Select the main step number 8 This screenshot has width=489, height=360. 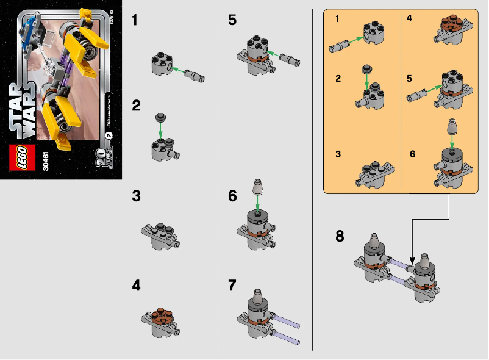(x=340, y=236)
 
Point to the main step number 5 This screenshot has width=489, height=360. (x=232, y=21)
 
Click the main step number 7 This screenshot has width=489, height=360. (x=232, y=285)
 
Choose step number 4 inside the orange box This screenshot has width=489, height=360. (x=409, y=20)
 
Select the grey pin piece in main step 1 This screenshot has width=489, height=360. (x=196, y=77)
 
